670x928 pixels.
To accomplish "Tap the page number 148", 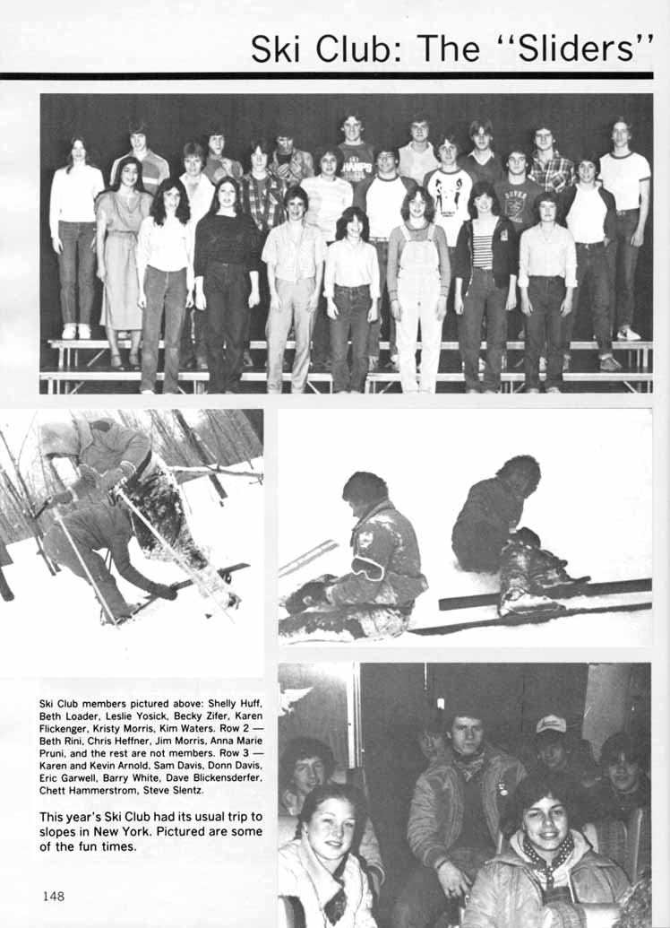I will pyautogui.click(x=53, y=895).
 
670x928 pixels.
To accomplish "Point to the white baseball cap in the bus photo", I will pyautogui.click(x=551, y=724).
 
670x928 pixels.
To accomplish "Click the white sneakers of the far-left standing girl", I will pyautogui.click(x=75, y=331).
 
